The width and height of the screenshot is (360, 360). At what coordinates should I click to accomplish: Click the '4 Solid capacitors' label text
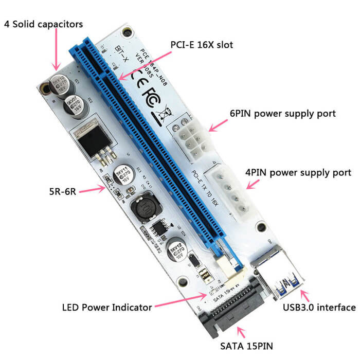pos(43,24)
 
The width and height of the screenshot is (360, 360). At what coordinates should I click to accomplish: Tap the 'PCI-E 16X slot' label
pos(202,45)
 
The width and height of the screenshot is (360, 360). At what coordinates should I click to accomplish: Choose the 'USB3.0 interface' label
pos(319,308)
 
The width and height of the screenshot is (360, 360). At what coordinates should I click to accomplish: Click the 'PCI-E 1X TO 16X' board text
pos(203,188)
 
